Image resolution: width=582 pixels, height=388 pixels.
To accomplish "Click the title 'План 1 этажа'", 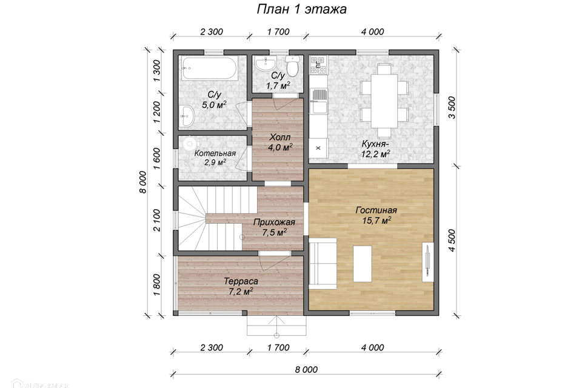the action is (x=301, y=9).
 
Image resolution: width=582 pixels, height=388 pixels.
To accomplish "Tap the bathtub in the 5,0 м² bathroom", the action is (x=210, y=68).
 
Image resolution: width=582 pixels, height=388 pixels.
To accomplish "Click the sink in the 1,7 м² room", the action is (x=266, y=65).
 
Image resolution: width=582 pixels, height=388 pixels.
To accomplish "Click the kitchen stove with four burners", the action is (x=318, y=64).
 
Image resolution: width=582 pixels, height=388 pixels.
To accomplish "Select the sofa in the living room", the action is (x=323, y=264).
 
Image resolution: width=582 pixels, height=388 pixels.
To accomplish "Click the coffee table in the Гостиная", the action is (x=363, y=264).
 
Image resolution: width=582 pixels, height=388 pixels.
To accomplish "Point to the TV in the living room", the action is (x=427, y=262).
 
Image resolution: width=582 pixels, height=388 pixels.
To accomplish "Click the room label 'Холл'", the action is (x=280, y=138).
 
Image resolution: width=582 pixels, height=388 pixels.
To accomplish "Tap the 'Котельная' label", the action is (x=215, y=153).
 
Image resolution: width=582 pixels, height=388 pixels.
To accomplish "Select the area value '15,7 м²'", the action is (x=376, y=221).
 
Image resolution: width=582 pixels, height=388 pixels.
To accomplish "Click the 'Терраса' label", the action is (x=241, y=281).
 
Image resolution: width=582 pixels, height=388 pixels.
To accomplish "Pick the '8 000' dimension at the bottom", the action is (x=306, y=369).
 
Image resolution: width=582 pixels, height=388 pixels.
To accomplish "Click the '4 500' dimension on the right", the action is (x=452, y=240).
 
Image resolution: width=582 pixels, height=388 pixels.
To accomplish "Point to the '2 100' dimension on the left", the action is (x=157, y=220).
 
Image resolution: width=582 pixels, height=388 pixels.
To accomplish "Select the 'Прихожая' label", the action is (x=274, y=222).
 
